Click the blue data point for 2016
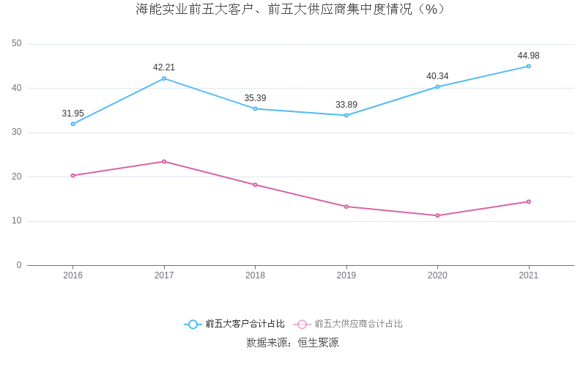coord(73,124)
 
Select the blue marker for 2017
coord(164,78)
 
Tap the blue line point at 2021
coord(528,66)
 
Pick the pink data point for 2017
coord(164,161)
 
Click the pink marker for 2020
coord(437,215)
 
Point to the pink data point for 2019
coord(346,207)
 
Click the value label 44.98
coord(528,56)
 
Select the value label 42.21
coord(164,67)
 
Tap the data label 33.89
coord(346,105)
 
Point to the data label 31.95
coord(73,114)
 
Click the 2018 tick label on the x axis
coord(255,275)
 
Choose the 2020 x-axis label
coord(437,275)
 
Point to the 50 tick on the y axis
coord(17,44)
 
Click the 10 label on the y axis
coord(17,221)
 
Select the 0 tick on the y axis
coord(19,265)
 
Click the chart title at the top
coord(291,10)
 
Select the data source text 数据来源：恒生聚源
coord(292,342)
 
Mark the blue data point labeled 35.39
coord(255,108)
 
